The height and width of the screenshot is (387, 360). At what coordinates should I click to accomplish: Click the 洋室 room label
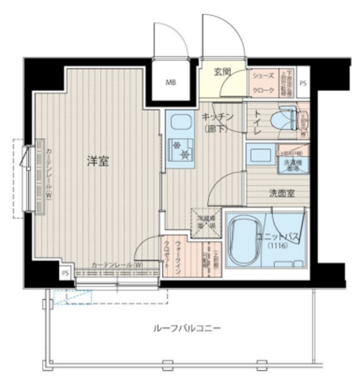coord(97,161)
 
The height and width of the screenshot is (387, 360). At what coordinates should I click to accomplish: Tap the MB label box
coord(172,83)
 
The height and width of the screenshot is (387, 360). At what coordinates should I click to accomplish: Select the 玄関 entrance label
coord(222,72)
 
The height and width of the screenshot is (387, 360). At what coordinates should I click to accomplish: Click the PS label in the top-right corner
coord(302,84)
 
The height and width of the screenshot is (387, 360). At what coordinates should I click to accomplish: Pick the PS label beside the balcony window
coord(64,274)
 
